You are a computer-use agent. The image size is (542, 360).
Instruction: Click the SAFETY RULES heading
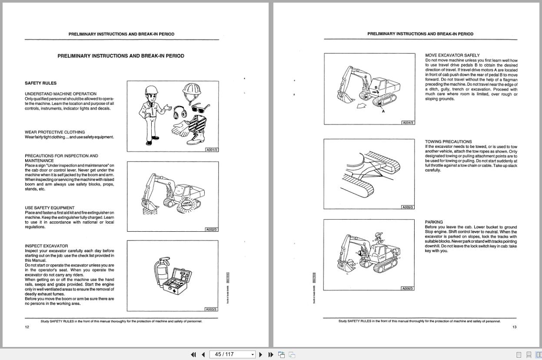point(40,83)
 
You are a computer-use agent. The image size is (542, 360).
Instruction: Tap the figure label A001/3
point(212,150)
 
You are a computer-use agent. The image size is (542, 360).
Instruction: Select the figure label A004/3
point(408,123)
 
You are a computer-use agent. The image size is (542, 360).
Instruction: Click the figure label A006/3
point(407,289)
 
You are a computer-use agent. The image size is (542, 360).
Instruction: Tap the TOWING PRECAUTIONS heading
point(448,142)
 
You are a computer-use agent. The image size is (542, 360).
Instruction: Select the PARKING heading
point(434,222)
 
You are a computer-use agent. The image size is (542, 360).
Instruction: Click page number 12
point(27,327)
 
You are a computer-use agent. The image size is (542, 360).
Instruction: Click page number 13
point(514,327)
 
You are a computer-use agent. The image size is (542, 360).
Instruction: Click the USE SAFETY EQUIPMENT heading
point(50,208)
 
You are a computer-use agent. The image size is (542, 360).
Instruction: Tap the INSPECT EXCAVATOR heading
point(46,246)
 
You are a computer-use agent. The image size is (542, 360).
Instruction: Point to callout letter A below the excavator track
point(383,111)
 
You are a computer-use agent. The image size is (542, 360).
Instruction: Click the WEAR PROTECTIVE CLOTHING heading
point(55,132)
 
